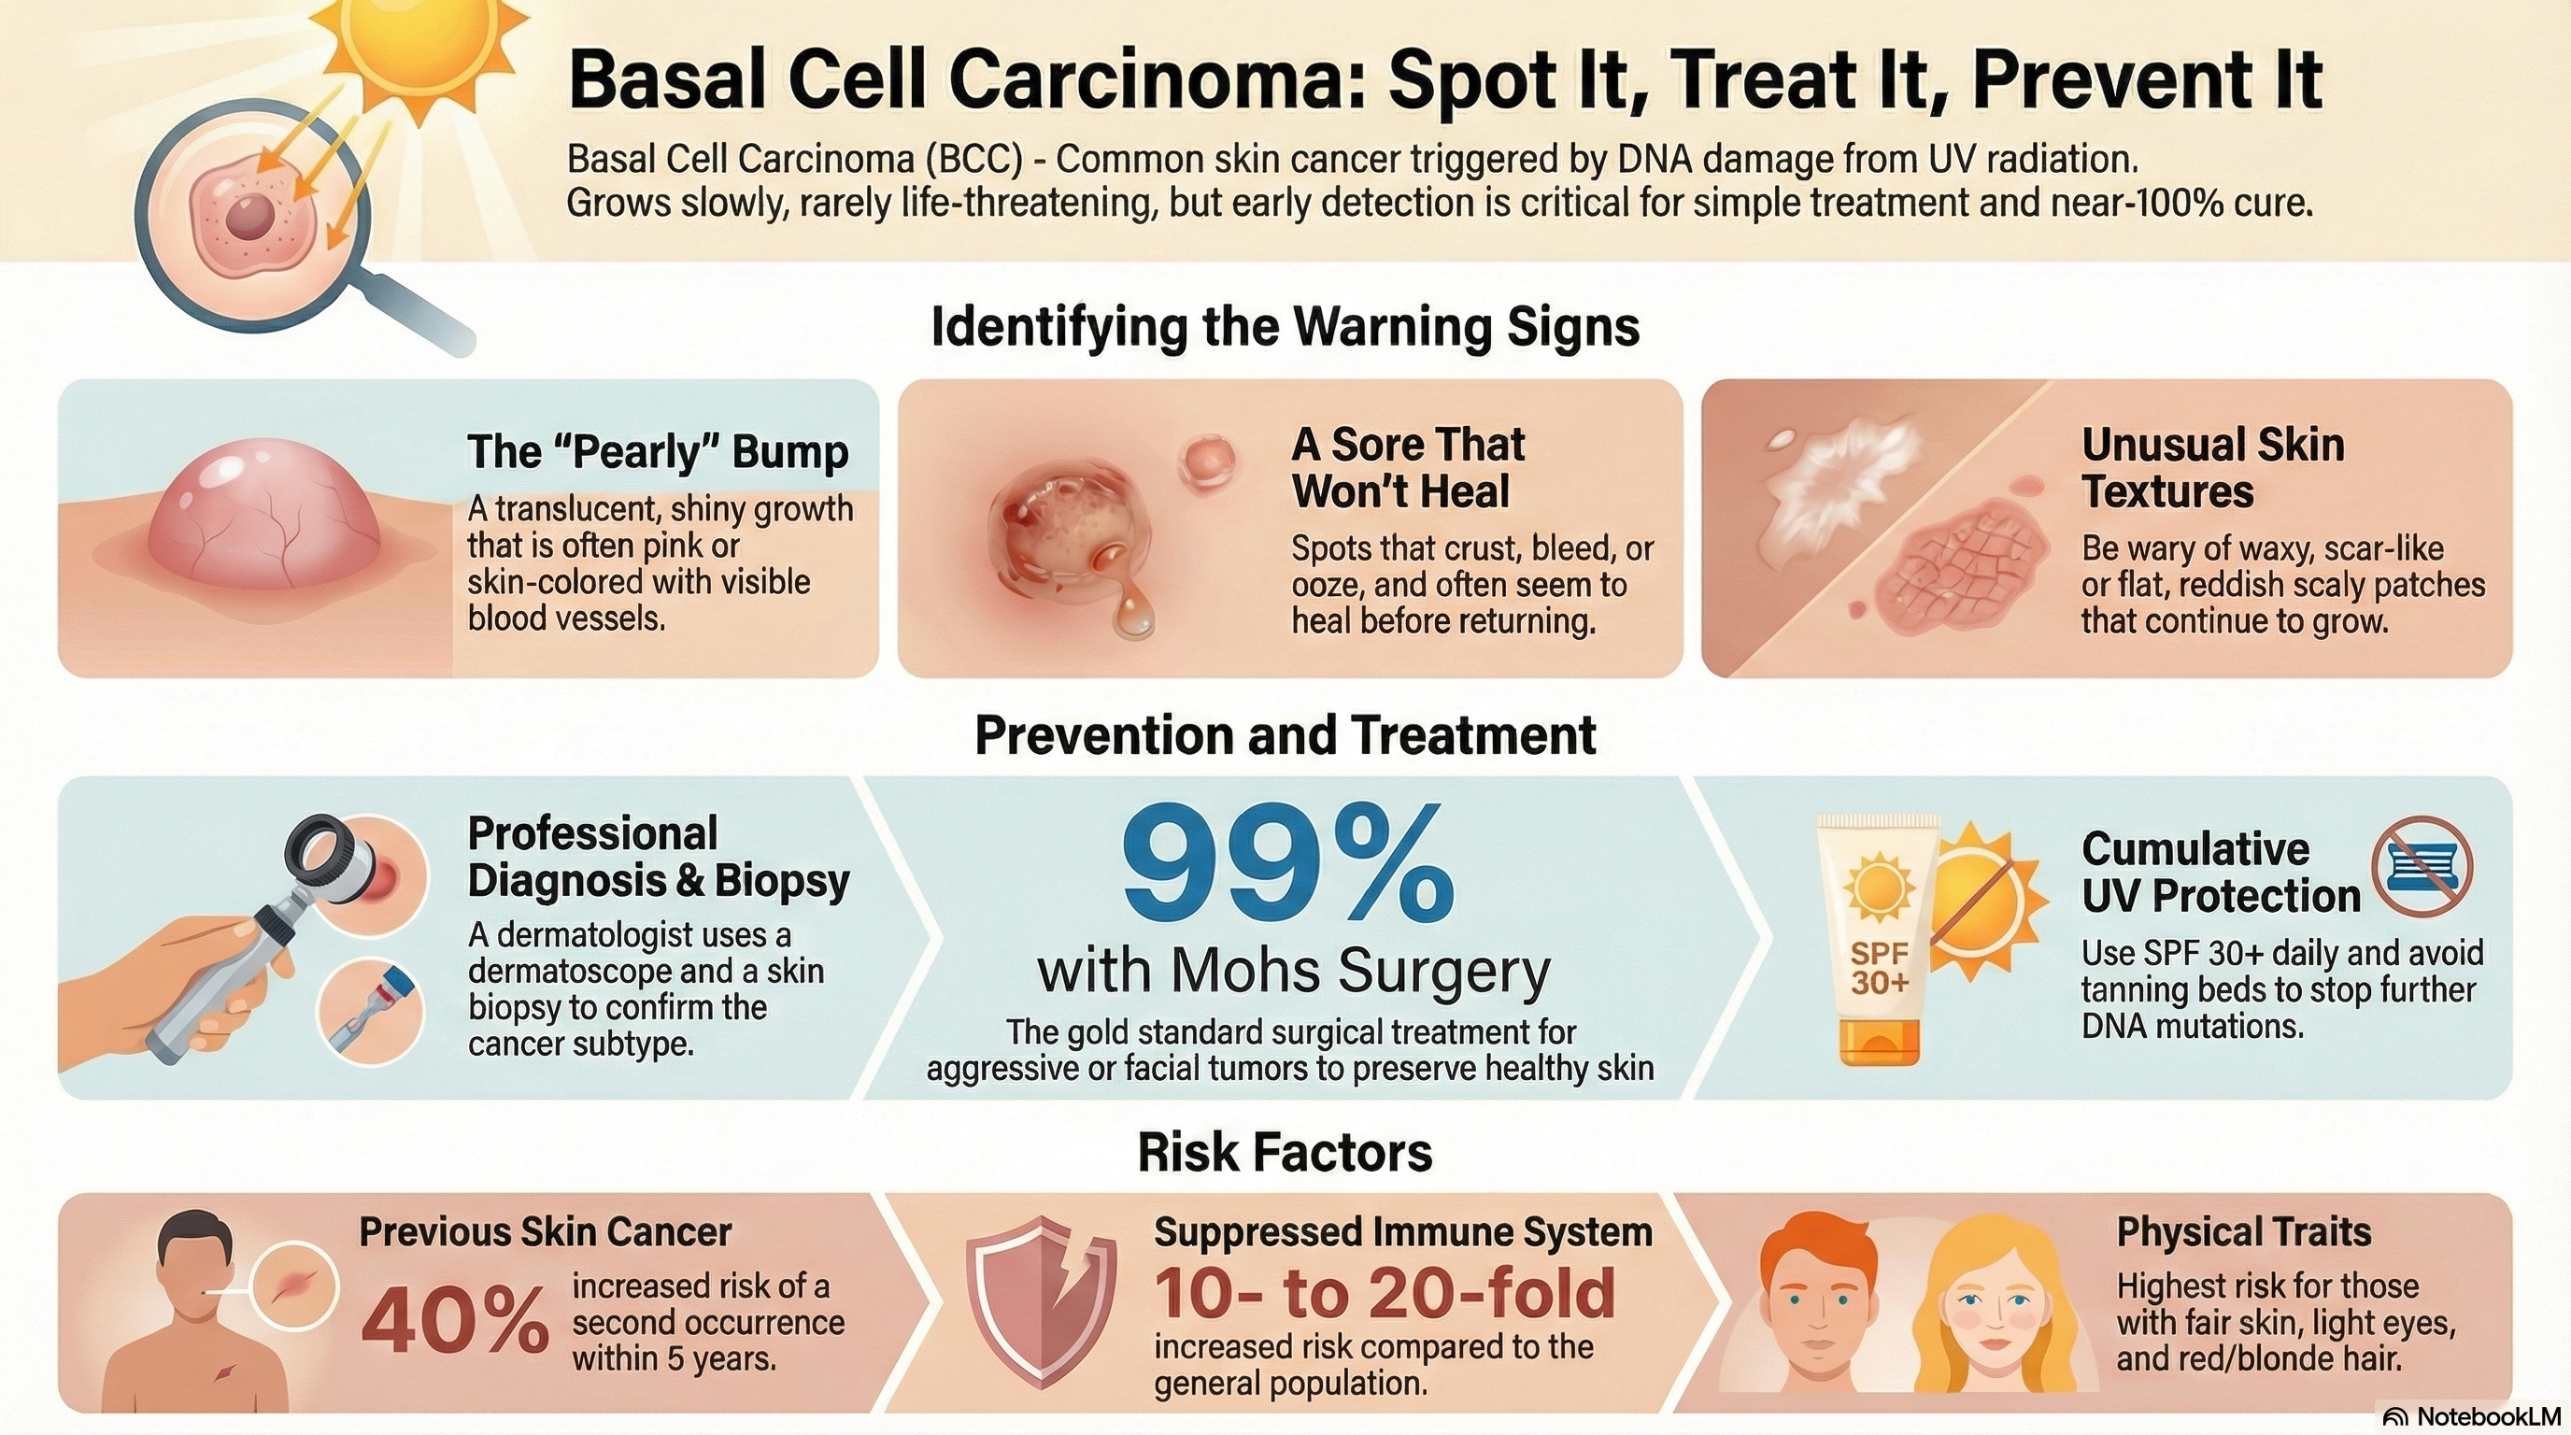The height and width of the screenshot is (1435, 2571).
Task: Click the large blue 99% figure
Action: [1287, 864]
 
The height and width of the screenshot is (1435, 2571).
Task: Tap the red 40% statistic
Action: [454, 1318]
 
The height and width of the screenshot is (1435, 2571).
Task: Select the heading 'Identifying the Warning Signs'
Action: [1285, 327]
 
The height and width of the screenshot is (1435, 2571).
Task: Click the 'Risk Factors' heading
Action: [1285, 1153]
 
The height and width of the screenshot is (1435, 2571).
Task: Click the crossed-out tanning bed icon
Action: [2422, 866]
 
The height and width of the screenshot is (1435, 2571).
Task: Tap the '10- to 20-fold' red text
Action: [1385, 1293]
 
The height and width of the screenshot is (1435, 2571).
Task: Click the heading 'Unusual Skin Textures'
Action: [2212, 468]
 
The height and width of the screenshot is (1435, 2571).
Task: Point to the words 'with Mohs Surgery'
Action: [1294, 970]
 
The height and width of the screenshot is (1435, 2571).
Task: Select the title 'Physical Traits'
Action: [2244, 1231]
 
